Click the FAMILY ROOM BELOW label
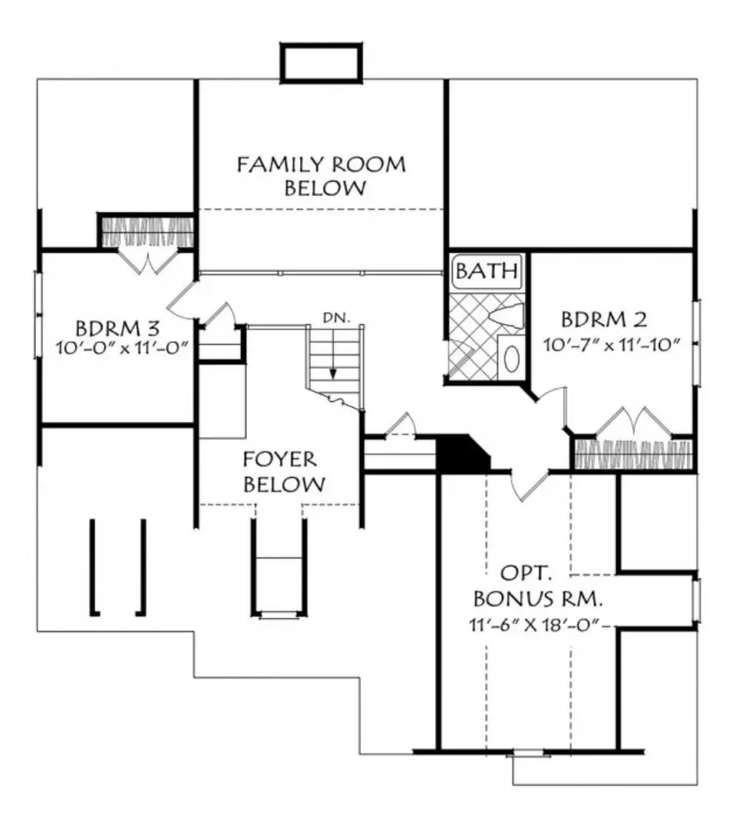(321, 176)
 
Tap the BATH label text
(487, 271)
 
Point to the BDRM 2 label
(603, 319)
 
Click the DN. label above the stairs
(336, 318)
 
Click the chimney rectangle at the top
(322, 63)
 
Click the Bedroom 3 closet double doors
(147, 262)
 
